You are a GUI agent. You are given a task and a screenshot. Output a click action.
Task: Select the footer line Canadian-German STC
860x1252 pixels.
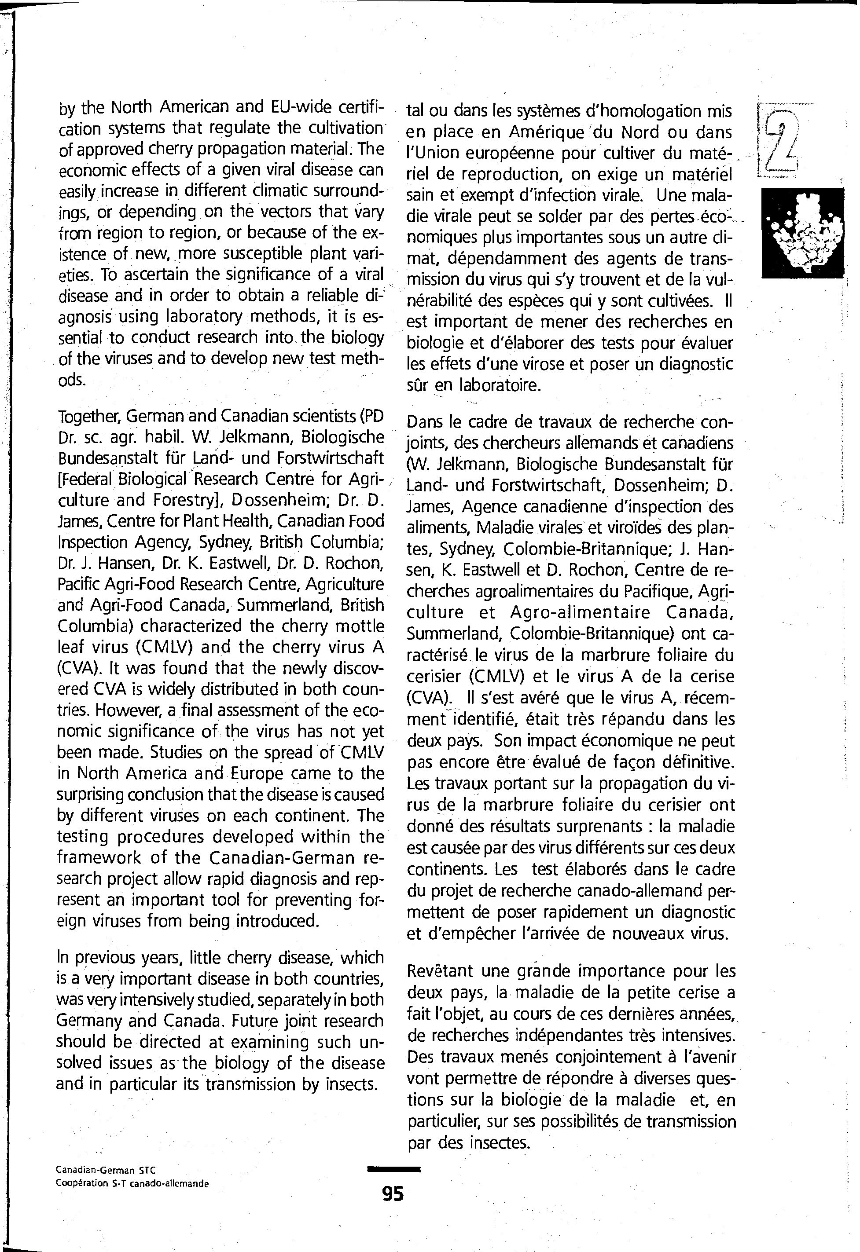[106, 1170]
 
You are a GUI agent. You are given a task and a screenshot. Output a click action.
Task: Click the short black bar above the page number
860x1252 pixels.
[393, 1169]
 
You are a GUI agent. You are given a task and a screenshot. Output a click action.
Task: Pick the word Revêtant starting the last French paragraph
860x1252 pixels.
[439, 971]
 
